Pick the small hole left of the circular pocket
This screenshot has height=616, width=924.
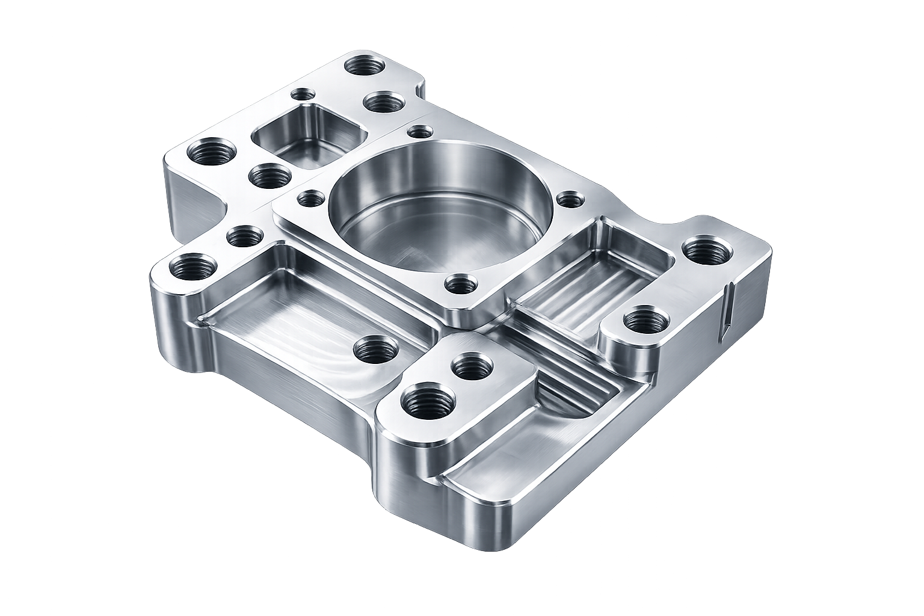coord(311,198)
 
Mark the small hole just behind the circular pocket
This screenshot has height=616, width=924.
coord(420,132)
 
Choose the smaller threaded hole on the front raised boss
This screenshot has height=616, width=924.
coord(472,366)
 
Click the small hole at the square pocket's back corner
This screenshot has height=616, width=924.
coord(303,94)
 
